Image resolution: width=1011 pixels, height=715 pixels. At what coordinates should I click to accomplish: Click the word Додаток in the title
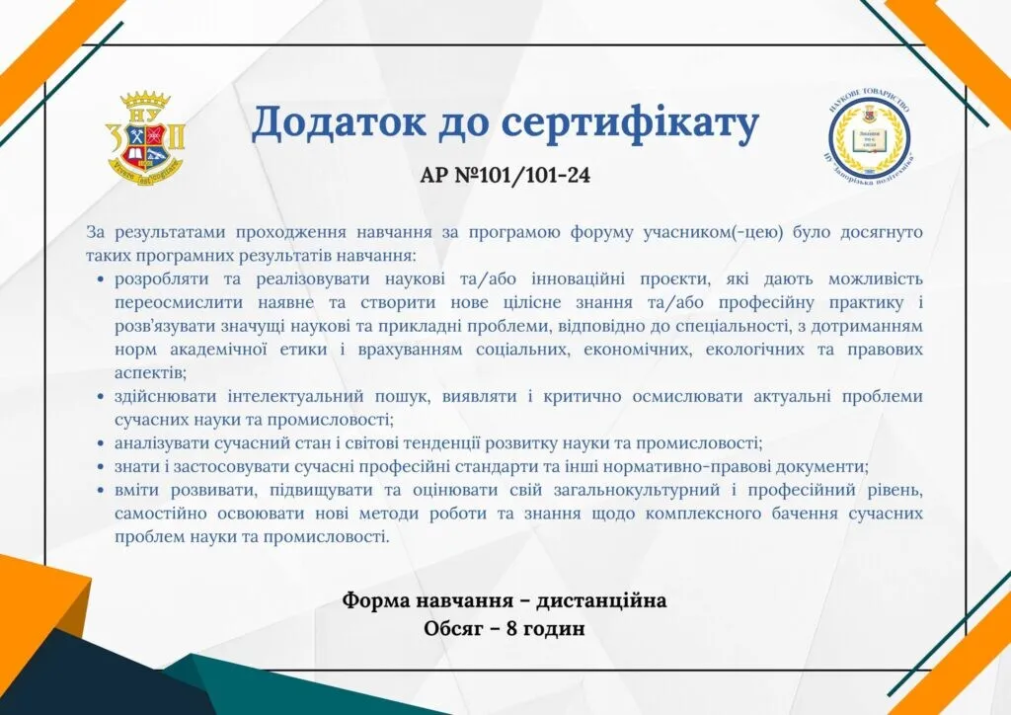pyautogui.click(x=338, y=122)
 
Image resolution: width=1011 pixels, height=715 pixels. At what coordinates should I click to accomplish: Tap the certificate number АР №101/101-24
pyautogui.click(x=505, y=175)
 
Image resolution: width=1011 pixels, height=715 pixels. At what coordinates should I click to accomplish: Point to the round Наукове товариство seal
pyautogui.click(x=869, y=136)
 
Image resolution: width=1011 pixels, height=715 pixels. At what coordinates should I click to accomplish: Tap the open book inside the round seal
pyautogui.click(x=869, y=142)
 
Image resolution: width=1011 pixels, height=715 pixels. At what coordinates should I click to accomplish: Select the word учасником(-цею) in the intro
pyautogui.click(x=713, y=232)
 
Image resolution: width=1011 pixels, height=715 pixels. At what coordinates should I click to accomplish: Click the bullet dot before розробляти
pyautogui.click(x=101, y=279)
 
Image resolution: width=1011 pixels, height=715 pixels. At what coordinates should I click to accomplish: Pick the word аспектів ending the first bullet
pyautogui.click(x=150, y=372)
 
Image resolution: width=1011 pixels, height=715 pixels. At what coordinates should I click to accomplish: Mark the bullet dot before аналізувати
pyautogui.click(x=101, y=443)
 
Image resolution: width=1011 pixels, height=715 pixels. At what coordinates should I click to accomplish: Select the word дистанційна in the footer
pyautogui.click(x=601, y=600)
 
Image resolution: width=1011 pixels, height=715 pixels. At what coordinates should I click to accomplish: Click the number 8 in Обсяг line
pyautogui.click(x=511, y=628)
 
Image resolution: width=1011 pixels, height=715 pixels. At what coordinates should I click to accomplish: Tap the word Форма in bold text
pyautogui.click(x=375, y=600)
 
